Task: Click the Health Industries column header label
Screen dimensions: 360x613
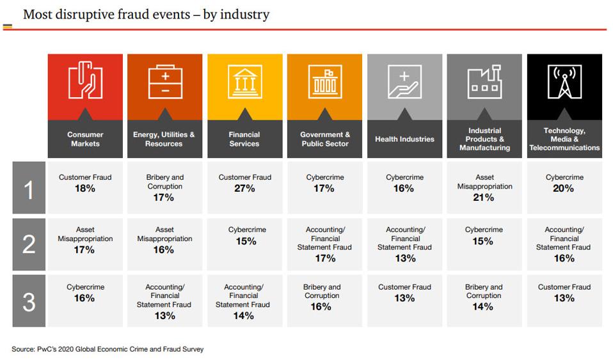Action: (x=404, y=139)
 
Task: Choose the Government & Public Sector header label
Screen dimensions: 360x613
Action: (x=325, y=139)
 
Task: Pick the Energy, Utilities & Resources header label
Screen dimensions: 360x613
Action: (x=164, y=139)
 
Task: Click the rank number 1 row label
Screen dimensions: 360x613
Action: (x=29, y=188)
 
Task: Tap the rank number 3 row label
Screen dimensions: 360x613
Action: (x=29, y=301)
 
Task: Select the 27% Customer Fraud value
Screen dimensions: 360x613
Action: (x=244, y=189)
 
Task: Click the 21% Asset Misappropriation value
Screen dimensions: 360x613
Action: (x=484, y=198)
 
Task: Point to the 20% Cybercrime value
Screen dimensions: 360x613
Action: (x=564, y=189)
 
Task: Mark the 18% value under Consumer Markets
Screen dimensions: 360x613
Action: (x=85, y=189)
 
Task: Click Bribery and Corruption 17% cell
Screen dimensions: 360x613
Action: (x=164, y=187)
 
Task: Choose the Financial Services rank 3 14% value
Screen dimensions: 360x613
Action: (x=244, y=316)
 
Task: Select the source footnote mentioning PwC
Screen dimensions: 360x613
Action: (x=107, y=349)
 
